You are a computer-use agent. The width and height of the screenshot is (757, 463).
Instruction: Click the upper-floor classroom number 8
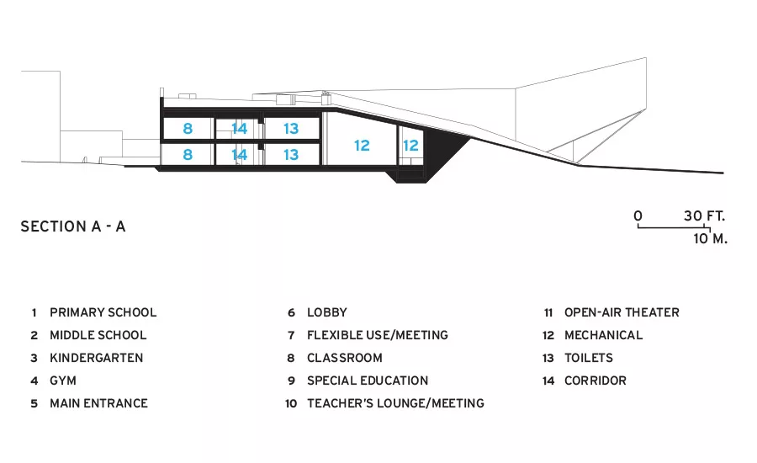click(188, 129)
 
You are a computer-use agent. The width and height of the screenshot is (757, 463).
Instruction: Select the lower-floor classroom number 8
click(188, 155)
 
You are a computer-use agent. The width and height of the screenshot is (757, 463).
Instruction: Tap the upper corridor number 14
click(240, 129)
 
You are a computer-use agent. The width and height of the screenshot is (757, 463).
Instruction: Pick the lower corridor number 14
click(240, 155)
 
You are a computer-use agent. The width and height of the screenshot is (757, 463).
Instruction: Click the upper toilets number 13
click(291, 129)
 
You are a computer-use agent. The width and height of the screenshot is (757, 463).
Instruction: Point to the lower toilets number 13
click(291, 155)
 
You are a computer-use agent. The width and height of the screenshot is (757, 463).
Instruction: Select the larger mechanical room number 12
click(362, 146)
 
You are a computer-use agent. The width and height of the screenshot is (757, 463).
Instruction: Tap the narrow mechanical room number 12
click(410, 146)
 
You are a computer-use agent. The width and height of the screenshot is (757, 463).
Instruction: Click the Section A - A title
click(73, 226)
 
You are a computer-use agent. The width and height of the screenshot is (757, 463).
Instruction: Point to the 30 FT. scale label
click(704, 216)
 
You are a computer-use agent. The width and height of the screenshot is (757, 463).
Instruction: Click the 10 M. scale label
click(710, 238)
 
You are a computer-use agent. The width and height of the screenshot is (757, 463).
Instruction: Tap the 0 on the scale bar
click(638, 216)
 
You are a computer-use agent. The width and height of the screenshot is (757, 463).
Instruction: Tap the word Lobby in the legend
click(327, 312)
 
